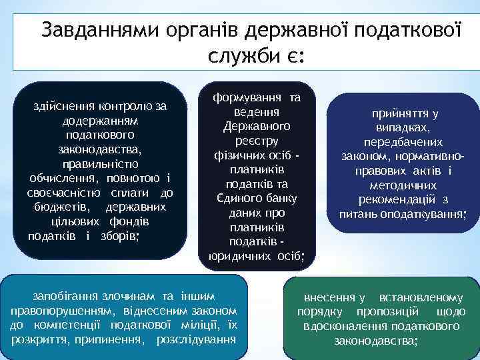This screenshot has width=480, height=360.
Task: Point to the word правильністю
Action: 100,164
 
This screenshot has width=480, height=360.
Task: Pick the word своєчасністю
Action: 64,193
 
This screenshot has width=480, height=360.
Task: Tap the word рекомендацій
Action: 398,199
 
